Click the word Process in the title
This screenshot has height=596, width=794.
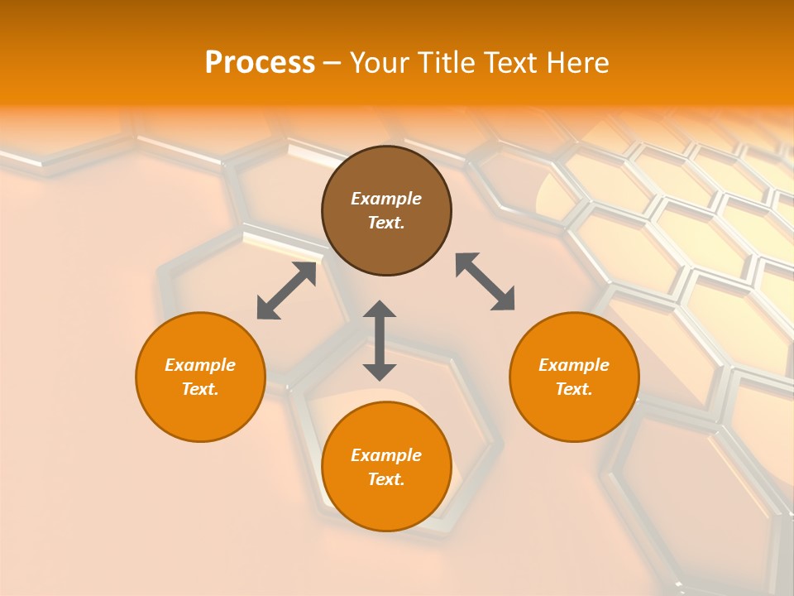(x=259, y=63)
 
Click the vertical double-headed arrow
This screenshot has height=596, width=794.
(x=380, y=340)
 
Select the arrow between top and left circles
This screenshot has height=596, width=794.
(x=286, y=291)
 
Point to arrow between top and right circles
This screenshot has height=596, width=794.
(x=485, y=281)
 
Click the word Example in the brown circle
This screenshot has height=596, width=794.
(x=386, y=199)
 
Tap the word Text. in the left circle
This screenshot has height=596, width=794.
(x=200, y=389)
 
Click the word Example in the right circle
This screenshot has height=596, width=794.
(x=574, y=365)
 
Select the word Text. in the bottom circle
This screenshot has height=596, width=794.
(x=386, y=479)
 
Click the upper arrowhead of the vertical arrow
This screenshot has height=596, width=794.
(x=380, y=310)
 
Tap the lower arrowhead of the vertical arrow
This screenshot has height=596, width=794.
(x=380, y=371)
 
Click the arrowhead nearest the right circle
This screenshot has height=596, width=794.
(x=504, y=300)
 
